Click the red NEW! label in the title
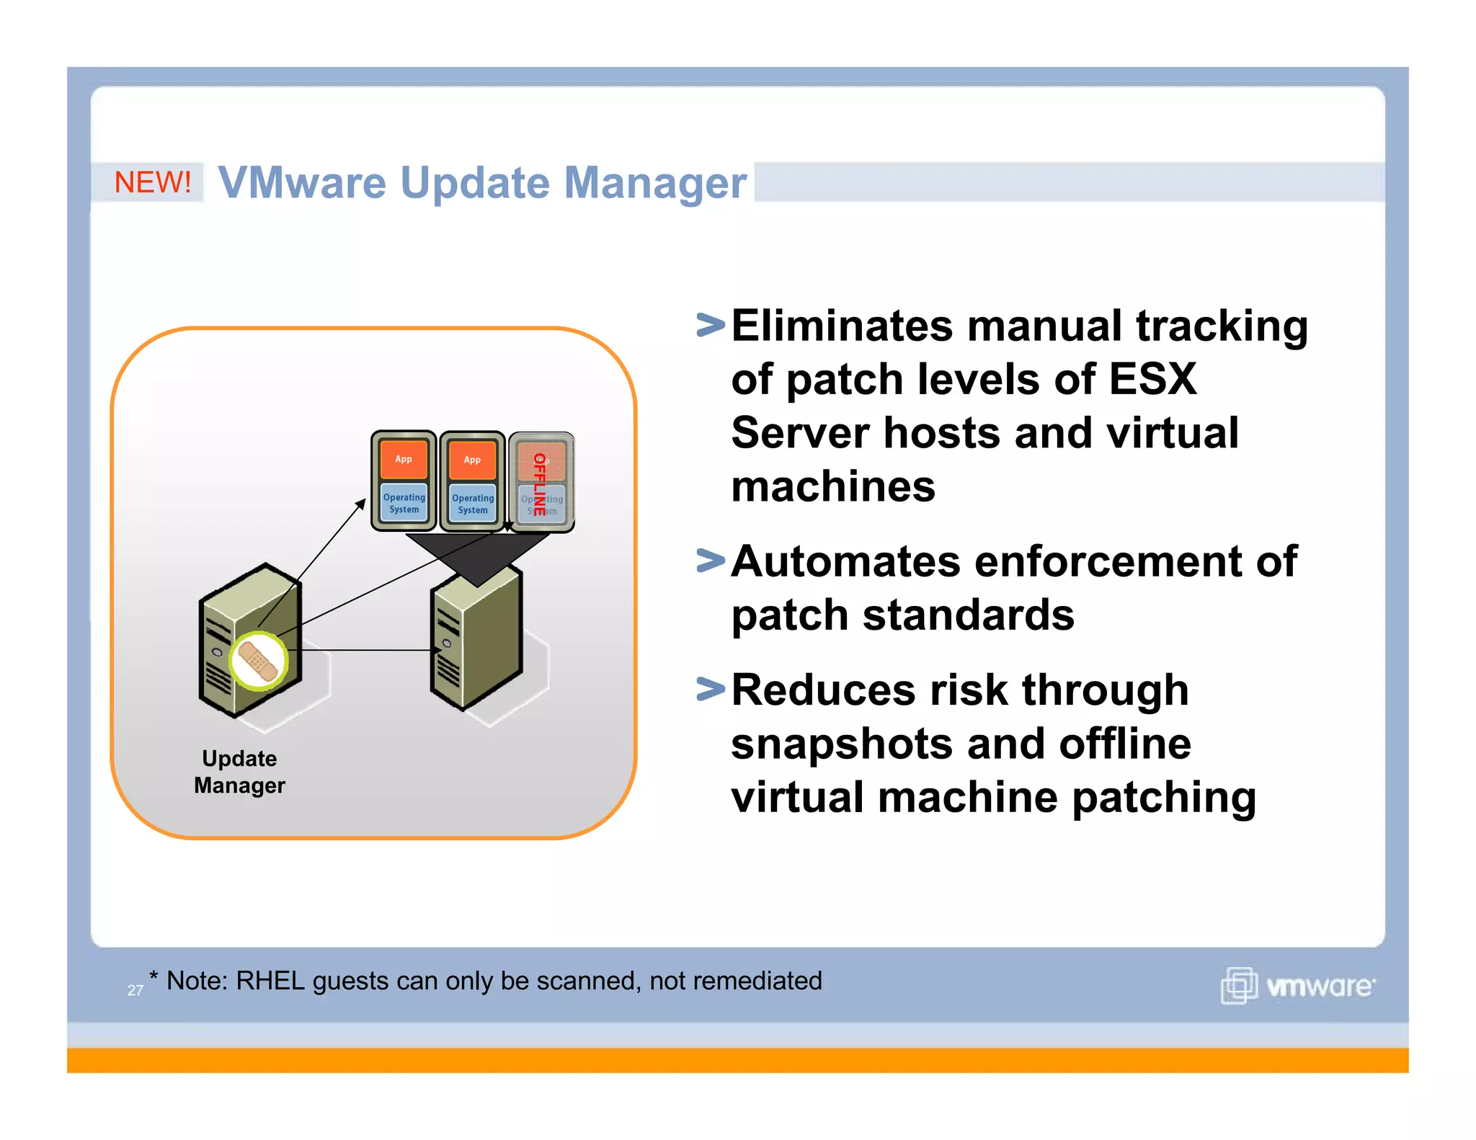(x=153, y=182)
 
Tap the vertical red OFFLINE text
(x=539, y=484)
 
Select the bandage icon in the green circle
(x=258, y=661)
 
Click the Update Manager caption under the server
(x=239, y=772)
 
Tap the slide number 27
(x=135, y=991)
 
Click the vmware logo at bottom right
(x=1298, y=985)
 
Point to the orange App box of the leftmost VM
(x=404, y=459)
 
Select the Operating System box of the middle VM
(x=473, y=504)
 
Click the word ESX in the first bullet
(x=1152, y=379)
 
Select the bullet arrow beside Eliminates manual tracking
(x=711, y=325)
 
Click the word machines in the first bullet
(x=833, y=487)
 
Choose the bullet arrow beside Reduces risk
(x=711, y=690)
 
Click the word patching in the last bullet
(x=1164, y=798)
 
